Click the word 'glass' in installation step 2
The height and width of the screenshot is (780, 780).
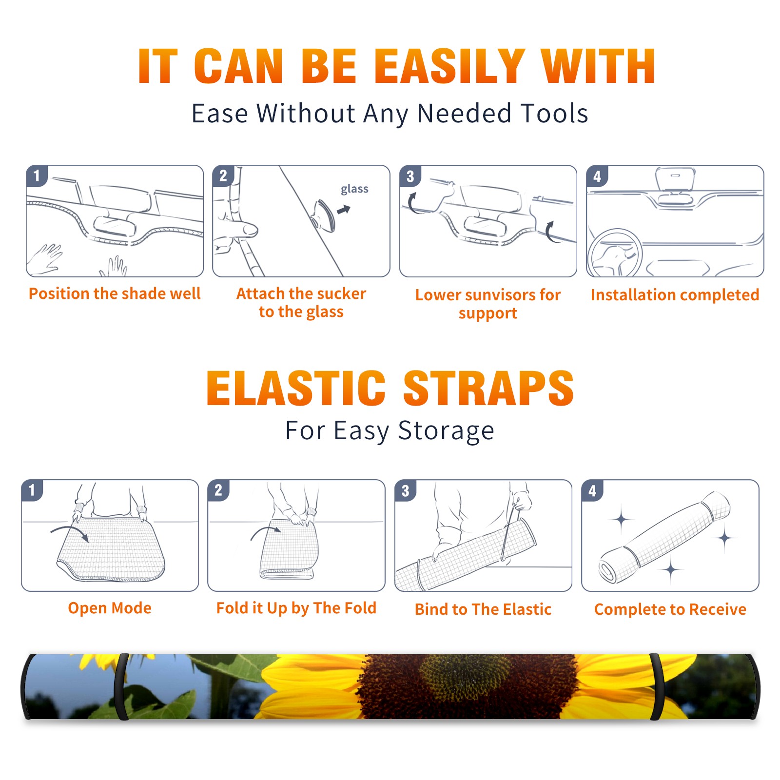(354, 189)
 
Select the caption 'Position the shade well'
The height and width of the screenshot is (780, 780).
(115, 293)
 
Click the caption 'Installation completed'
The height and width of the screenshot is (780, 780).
(675, 295)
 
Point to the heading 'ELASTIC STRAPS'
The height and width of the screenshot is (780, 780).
(390, 388)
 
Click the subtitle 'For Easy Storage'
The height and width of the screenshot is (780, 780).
(390, 431)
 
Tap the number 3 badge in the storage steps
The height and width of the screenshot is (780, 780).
(406, 490)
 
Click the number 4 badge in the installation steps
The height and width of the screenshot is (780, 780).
(597, 176)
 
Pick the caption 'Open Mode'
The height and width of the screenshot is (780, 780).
(110, 608)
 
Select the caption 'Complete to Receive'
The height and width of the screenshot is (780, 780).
(670, 609)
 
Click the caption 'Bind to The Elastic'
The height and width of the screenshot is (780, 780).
(483, 609)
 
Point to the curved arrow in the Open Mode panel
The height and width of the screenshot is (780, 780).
(70, 532)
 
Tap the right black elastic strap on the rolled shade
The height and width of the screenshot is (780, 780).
(657, 687)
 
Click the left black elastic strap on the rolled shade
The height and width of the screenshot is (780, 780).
(121, 687)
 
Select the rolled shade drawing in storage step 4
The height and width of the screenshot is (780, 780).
(665, 537)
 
